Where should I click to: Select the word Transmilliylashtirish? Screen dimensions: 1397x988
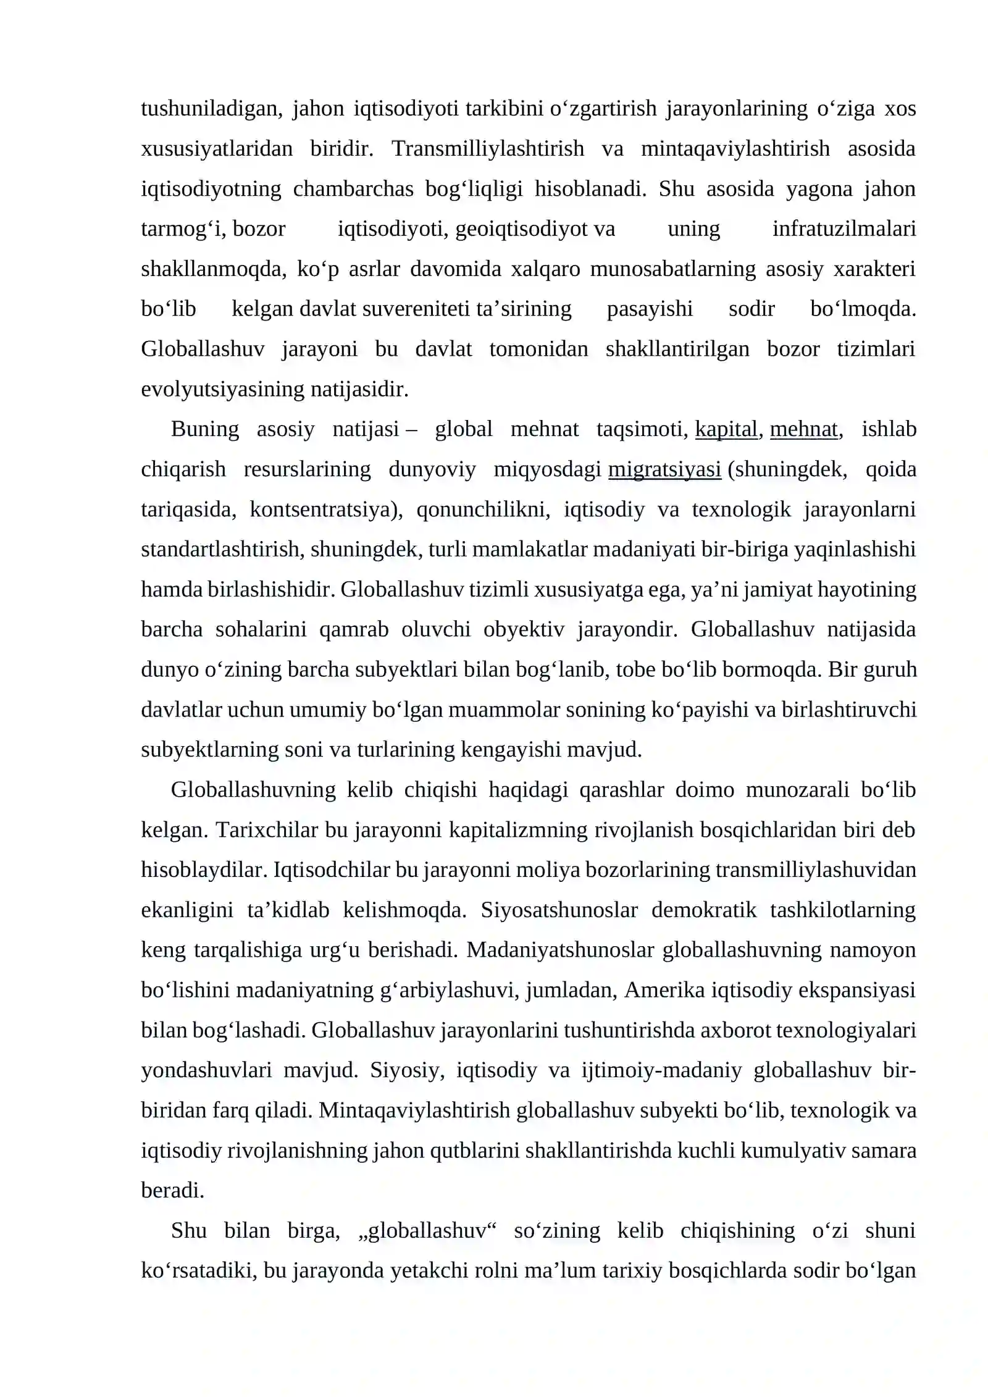pos(487,149)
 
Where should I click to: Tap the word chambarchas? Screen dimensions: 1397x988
pos(353,189)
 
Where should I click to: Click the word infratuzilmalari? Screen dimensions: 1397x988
pos(844,229)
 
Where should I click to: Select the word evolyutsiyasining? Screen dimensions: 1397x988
pos(223,389)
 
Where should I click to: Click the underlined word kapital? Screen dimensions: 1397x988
pos(726,429)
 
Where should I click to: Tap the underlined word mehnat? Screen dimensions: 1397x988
pos(803,429)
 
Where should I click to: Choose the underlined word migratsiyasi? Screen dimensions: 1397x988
pos(664,469)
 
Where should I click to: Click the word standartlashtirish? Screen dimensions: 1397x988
pos(220,549)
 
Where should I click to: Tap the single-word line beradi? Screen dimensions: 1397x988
pos(172,1191)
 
